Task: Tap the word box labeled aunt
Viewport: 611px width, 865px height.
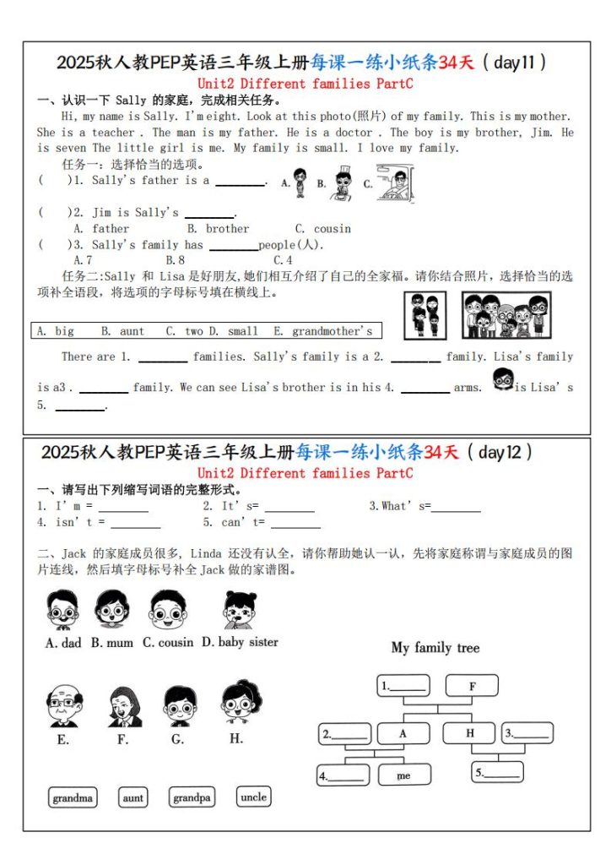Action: pyautogui.click(x=133, y=797)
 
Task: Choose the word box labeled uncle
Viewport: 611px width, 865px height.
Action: pyautogui.click(x=253, y=797)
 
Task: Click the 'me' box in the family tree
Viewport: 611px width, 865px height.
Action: pyautogui.click(x=403, y=775)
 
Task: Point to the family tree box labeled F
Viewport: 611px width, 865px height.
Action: pyautogui.click(x=472, y=686)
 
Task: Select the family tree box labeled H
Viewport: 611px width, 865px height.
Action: pyautogui.click(x=470, y=733)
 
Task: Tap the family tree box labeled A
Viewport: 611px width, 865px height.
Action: pyautogui.click(x=403, y=733)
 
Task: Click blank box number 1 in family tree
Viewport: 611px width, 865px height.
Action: pyautogui.click(x=403, y=686)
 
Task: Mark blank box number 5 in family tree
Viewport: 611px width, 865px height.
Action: pyautogui.click(x=498, y=772)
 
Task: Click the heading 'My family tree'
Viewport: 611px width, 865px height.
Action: pyautogui.click(x=435, y=648)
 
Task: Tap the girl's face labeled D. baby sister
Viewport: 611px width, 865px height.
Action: pyautogui.click(x=239, y=609)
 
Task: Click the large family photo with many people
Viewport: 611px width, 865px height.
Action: pyautogui.click(x=506, y=314)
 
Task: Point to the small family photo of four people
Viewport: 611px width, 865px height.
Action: pyautogui.click(x=425, y=314)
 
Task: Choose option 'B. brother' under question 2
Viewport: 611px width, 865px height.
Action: pyautogui.click(x=219, y=229)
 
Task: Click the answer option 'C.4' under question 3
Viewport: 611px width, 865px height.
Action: pyautogui.click(x=283, y=260)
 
